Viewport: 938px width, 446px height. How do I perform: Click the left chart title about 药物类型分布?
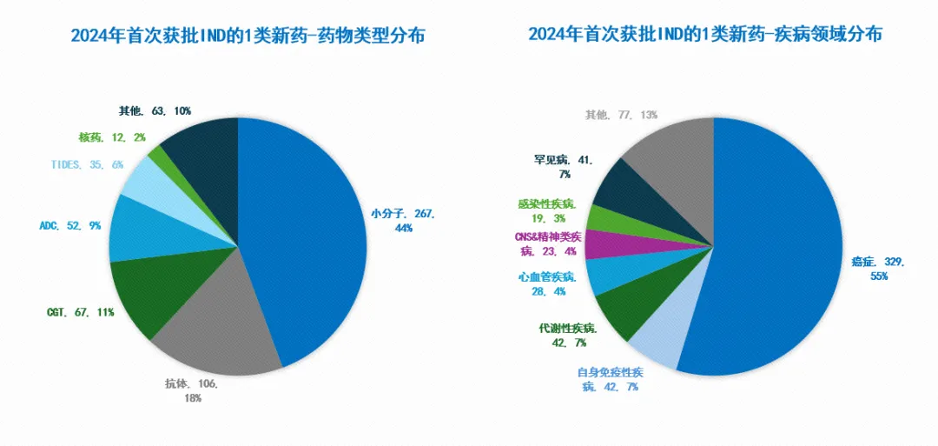[239, 36]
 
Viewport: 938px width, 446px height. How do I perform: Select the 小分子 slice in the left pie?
[304, 235]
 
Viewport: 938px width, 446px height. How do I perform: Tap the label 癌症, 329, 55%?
[878, 269]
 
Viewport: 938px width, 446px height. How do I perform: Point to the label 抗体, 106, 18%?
[192, 390]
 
